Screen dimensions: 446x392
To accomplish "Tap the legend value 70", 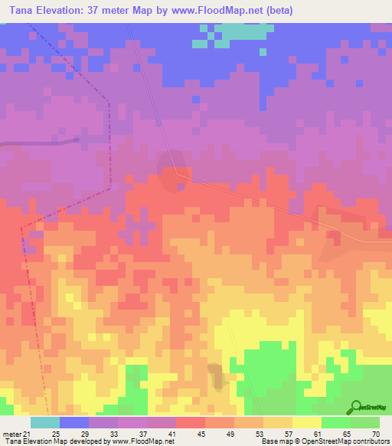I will pos(376,433).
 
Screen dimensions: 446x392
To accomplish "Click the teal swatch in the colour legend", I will pos(45,422).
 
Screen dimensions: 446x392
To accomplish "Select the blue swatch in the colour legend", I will pos(74,422).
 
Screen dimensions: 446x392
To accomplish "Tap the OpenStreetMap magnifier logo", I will pos(356,407).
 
